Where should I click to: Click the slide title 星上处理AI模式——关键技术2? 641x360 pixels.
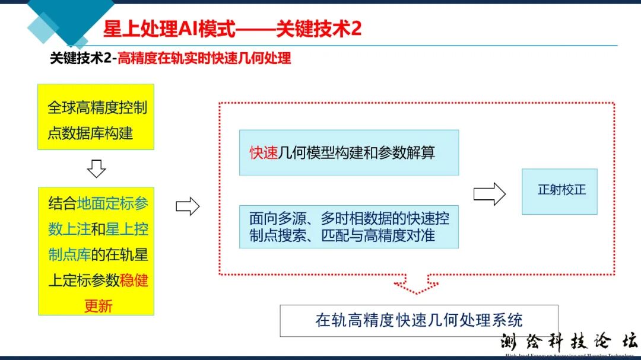pyautogui.click(x=232, y=28)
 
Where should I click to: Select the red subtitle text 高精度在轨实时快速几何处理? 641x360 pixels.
pyautogui.click(x=204, y=59)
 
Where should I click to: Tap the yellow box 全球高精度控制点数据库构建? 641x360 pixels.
pyautogui.click(x=96, y=117)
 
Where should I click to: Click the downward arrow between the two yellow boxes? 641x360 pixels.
pyautogui.click(x=96, y=168)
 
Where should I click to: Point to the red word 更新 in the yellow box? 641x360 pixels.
pyautogui.click(x=98, y=306)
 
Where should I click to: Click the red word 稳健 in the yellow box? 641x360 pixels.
pyautogui.click(x=134, y=281)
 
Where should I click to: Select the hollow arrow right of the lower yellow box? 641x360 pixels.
pyautogui.click(x=188, y=206)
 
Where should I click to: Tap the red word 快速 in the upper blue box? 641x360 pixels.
pyautogui.click(x=264, y=152)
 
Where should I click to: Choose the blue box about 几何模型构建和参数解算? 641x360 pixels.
pyautogui.click(x=349, y=152)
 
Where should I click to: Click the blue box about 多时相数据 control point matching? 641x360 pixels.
pyautogui.click(x=349, y=227)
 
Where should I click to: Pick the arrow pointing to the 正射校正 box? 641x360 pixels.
pyautogui.click(x=490, y=193)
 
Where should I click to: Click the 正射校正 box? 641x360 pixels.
pyautogui.click(x=560, y=191)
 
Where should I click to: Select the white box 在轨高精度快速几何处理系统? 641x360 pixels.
pyautogui.click(x=419, y=320)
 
